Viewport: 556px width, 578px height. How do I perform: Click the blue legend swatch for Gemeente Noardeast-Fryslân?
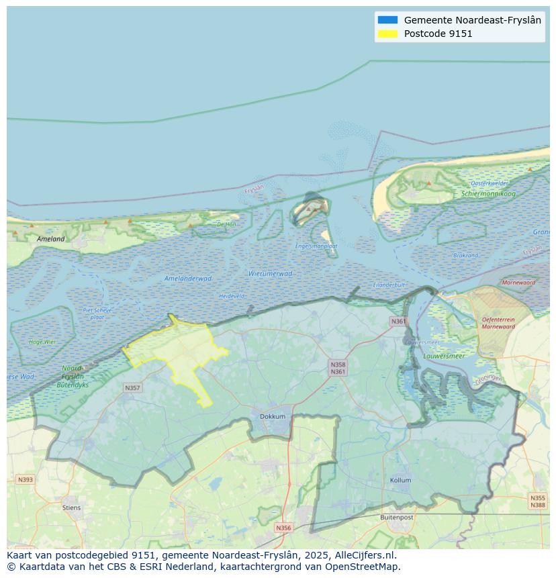pos(387,20)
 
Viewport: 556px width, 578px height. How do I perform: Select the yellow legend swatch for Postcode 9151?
pos(387,34)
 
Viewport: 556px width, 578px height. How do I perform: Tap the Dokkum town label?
pos(273,416)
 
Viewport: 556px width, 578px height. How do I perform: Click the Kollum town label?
pos(401,481)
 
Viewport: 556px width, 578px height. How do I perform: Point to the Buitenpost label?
pos(397,518)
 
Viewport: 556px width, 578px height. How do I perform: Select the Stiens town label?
pos(71,508)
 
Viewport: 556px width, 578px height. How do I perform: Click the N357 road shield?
pos(132,388)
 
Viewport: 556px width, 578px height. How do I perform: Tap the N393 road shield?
pos(25,479)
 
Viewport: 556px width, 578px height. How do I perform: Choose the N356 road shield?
pos(283,528)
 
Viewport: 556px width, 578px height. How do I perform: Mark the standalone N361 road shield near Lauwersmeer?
pos(398,322)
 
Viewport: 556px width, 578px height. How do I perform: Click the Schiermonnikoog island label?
pos(488,194)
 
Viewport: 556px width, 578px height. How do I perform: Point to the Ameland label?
pos(51,238)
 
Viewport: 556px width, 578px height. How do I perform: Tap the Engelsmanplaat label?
pos(316,246)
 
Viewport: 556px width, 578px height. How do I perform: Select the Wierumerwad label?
pos(270,274)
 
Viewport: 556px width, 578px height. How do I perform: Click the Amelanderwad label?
pos(188,279)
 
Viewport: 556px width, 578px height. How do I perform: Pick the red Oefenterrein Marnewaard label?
pos(498,323)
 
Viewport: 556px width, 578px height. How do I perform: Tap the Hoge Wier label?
pos(42,342)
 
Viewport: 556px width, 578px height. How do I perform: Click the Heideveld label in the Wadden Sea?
pos(232,296)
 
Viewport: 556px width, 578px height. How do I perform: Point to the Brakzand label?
pos(465,255)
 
